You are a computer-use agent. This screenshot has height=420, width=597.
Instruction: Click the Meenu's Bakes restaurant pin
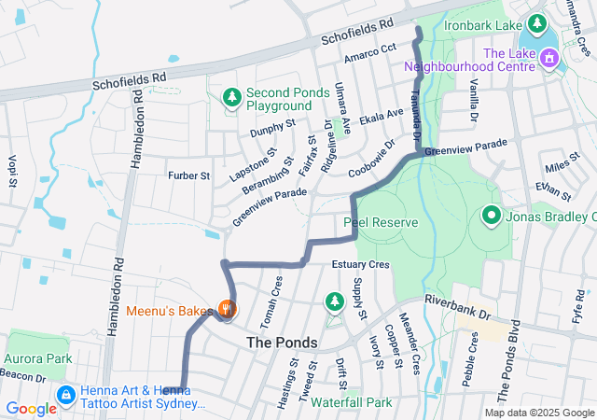tap(226, 308)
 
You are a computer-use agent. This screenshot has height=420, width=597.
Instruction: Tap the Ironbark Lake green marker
tap(538, 22)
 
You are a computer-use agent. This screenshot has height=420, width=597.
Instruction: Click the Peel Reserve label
tap(381, 223)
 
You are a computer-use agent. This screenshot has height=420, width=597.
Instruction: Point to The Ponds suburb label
tap(282, 343)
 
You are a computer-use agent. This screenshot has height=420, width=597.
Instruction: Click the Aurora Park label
tap(38, 357)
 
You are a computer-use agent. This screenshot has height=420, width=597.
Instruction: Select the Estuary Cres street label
tap(359, 265)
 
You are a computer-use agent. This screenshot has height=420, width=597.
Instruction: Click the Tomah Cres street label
tap(277, 294)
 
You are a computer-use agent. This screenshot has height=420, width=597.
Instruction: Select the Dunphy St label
tap(272, 129)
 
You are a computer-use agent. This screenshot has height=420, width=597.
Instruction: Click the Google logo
tap(31, 408)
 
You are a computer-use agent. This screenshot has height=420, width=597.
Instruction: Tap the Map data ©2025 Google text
tap(538, 413)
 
